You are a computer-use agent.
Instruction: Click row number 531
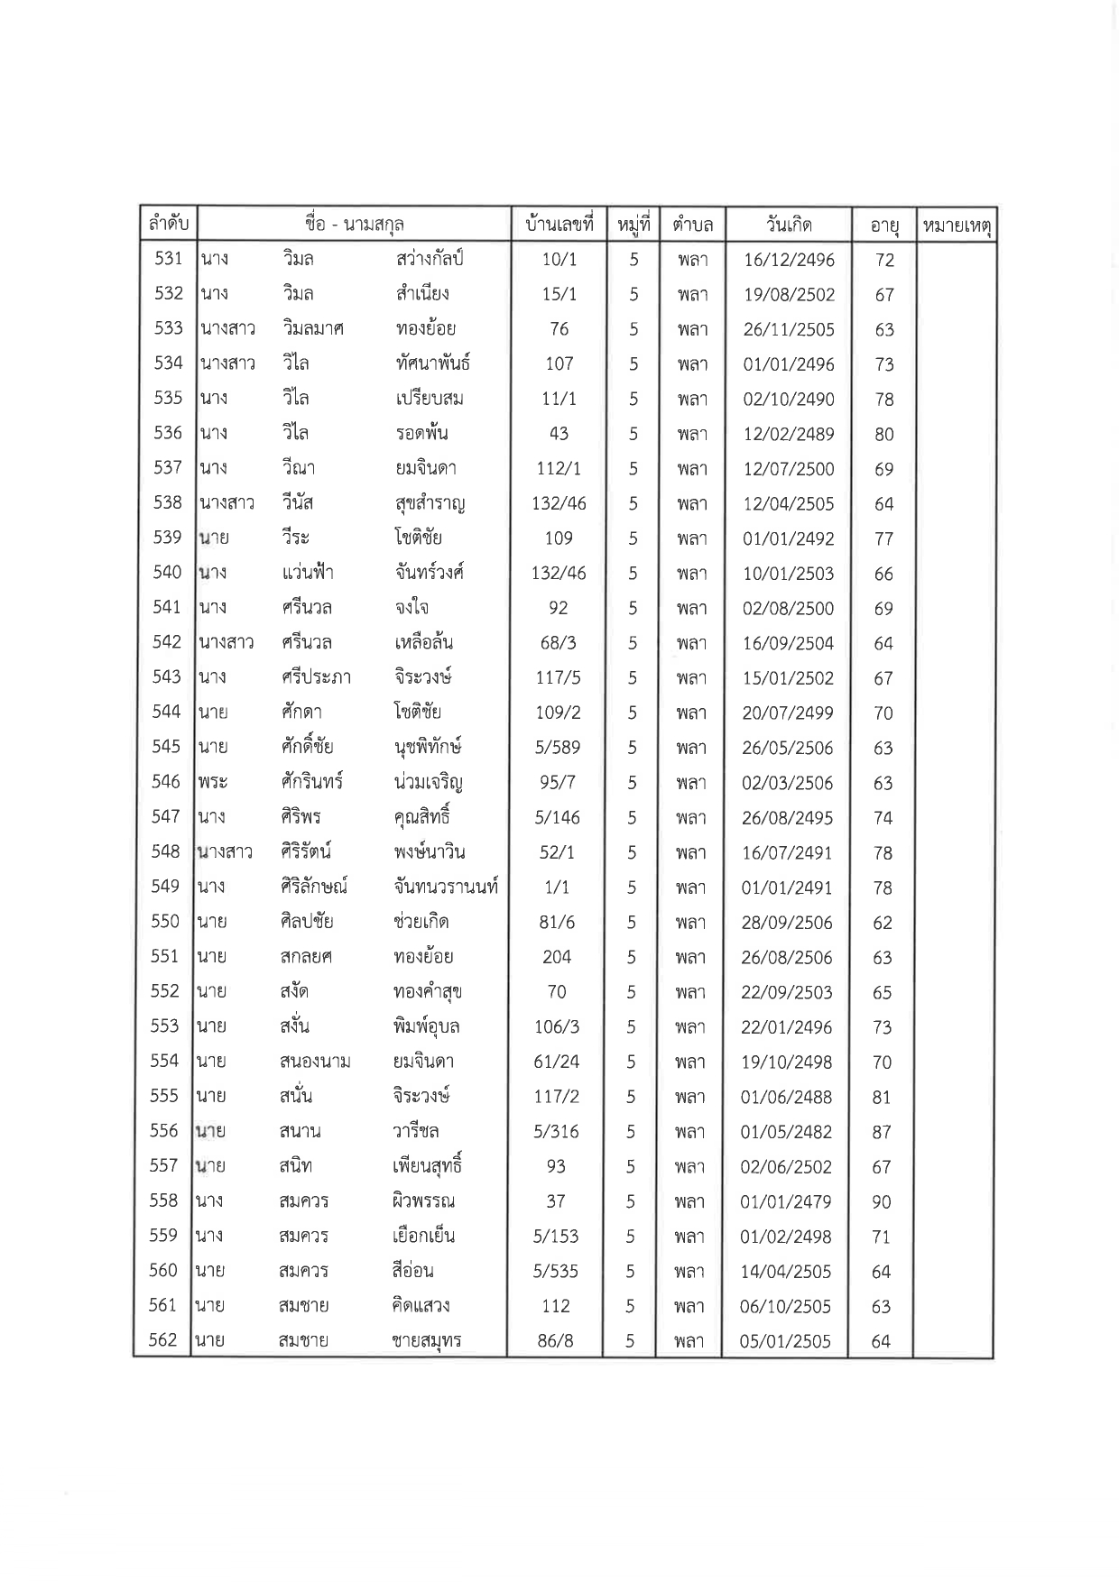169,259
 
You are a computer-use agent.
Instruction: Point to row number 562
162,1340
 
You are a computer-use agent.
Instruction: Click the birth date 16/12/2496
789,261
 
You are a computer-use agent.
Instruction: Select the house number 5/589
558,748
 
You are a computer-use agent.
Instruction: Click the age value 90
882,1201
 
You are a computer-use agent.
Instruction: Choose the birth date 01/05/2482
786,1132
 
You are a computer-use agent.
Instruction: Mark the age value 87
882,1132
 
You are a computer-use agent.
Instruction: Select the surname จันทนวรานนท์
446,887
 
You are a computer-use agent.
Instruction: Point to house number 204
557,957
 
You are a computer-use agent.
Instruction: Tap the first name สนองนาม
315,1062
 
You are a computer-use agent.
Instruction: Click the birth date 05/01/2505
785,1341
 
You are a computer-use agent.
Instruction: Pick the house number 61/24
557,1062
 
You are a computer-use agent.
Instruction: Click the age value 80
884,434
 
